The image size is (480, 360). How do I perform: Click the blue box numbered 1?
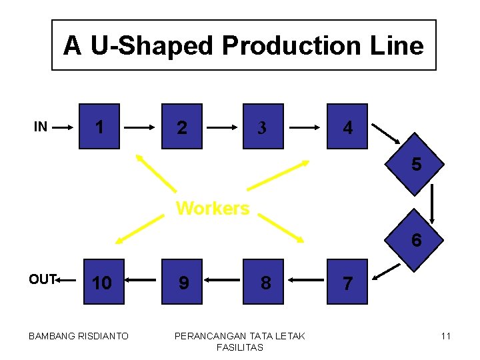[99, 126]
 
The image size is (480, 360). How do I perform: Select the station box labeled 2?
[182, 126]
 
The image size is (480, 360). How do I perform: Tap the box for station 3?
[263, 126]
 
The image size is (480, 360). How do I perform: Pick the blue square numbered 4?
[347, 126]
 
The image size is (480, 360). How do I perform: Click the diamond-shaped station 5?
[416, 163]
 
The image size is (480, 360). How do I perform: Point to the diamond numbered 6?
[416, 239]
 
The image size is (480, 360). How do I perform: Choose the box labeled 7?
[347, 282]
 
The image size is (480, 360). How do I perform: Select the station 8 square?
[265, 282]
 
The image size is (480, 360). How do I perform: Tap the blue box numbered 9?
[183, 282]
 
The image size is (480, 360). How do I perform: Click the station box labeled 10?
[101, 282]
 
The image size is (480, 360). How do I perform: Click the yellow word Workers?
[212, 208]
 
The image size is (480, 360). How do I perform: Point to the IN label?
[41, 126]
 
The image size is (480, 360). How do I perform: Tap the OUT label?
[42, 279]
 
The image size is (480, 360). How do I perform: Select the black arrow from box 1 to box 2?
[141, 126]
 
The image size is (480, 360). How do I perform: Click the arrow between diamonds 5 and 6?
[433, 203]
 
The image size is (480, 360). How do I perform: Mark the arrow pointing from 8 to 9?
[223, 282]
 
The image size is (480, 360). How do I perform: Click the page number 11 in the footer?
[446, 336]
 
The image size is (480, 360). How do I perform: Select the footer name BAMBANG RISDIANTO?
[79, 336]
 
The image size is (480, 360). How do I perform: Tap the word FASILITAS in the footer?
[239, 347]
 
